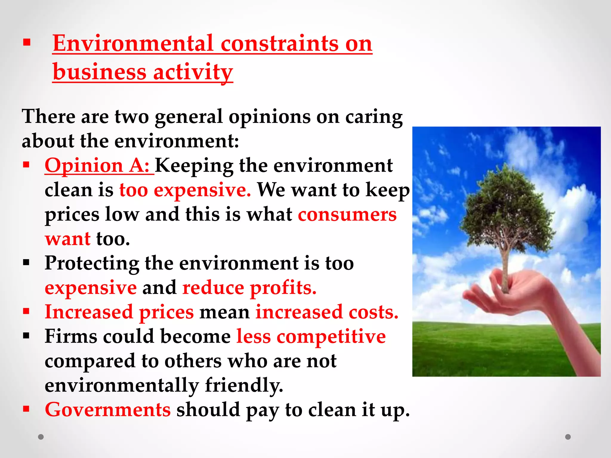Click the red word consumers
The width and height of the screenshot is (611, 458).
[347, 214]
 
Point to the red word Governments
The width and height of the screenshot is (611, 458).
[108, 409]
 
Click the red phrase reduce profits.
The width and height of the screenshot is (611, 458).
[249, 288]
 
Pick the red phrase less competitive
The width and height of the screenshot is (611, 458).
[311, 336]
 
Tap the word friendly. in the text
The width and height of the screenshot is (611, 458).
[244, 385]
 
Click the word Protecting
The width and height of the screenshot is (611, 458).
[92, 263]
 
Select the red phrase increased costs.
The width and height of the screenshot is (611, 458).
[327, 312]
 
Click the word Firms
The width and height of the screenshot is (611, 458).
[71, 336]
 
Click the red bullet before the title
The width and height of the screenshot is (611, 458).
[27, 42]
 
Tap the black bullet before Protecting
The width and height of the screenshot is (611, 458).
[27, 262]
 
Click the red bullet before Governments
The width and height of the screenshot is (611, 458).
[27, 409]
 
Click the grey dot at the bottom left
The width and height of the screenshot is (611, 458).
[41, 437]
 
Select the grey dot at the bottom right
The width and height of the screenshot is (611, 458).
[568, 437]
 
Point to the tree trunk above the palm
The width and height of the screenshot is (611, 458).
[505, 262]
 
